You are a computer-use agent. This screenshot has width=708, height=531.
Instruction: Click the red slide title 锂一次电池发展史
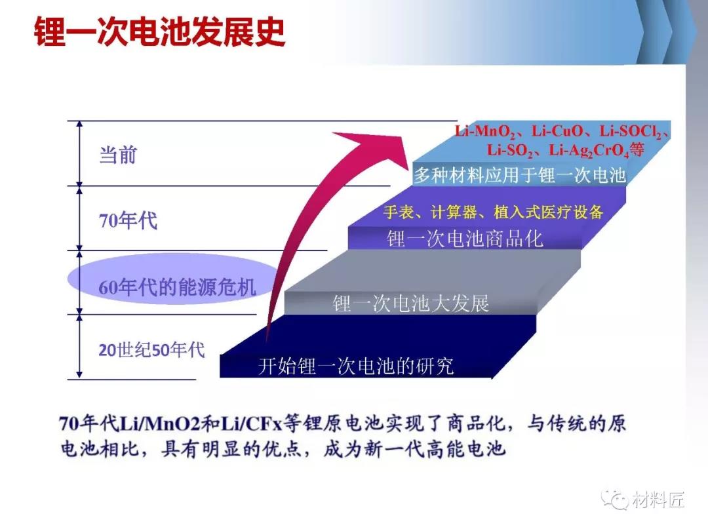159,31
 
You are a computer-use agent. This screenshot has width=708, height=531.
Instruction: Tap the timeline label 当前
118,155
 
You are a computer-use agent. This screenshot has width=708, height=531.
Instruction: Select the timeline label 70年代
128,221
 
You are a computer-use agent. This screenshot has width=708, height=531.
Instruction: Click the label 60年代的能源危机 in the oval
178,286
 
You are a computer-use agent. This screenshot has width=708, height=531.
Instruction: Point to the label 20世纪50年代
151,350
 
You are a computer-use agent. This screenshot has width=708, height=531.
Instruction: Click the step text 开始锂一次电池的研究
356,366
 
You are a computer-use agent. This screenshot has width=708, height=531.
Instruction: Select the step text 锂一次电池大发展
411,303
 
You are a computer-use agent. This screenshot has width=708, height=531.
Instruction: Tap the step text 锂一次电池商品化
465,239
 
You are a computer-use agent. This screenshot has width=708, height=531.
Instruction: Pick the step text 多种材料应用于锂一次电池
520,175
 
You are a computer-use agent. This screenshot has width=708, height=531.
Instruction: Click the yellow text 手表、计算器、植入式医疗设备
493,212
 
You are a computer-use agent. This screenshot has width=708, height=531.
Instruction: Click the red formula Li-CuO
557,131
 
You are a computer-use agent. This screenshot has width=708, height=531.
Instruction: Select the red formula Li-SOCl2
631,131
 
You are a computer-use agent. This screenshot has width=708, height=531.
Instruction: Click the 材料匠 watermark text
658,500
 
